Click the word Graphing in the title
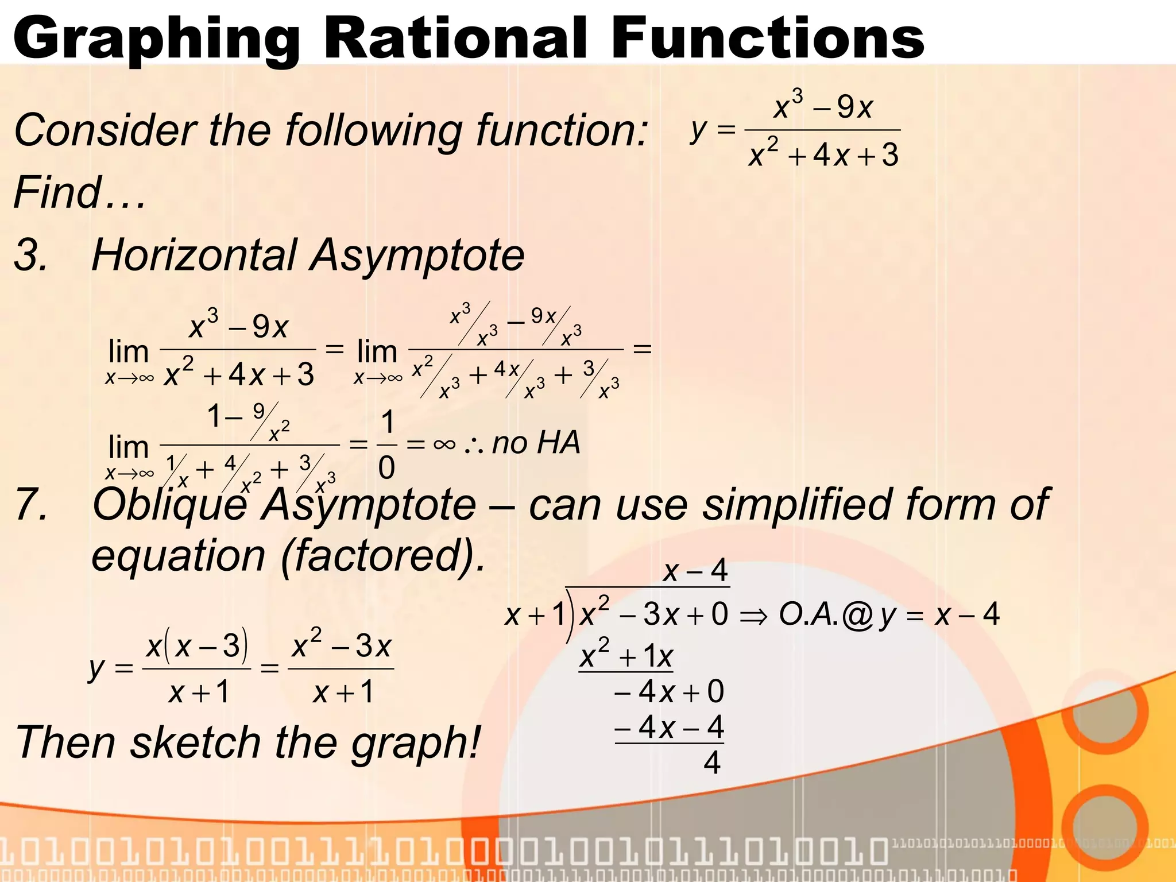[x=155, y=39]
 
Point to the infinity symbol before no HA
[x=444, y=444]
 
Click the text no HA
[x=536, y=443]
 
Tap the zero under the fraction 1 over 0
[x=386, y=467]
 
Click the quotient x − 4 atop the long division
[x=695, y=571]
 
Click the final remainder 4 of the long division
[x=711, y=763]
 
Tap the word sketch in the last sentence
[x=195, y=742]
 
